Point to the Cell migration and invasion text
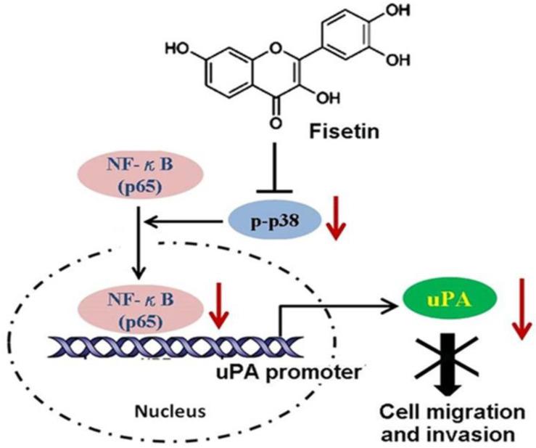coord(444,423)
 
